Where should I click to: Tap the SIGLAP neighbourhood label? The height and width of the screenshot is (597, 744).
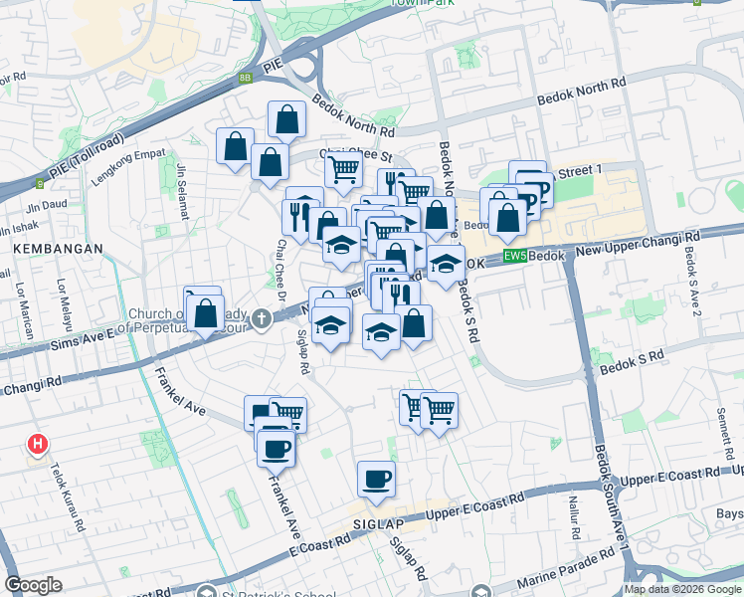(372, 521)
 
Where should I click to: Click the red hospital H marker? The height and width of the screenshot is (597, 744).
(38, 444)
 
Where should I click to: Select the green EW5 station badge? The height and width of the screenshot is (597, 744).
(513, 256)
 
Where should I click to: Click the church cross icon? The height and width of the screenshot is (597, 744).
(262, 319)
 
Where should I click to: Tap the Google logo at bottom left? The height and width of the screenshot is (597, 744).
(34, 585)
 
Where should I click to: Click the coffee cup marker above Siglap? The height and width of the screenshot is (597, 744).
(376, 481)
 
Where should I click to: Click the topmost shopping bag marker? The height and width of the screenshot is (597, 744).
(286, 120)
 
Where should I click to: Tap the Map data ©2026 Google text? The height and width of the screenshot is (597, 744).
(682, 589)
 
